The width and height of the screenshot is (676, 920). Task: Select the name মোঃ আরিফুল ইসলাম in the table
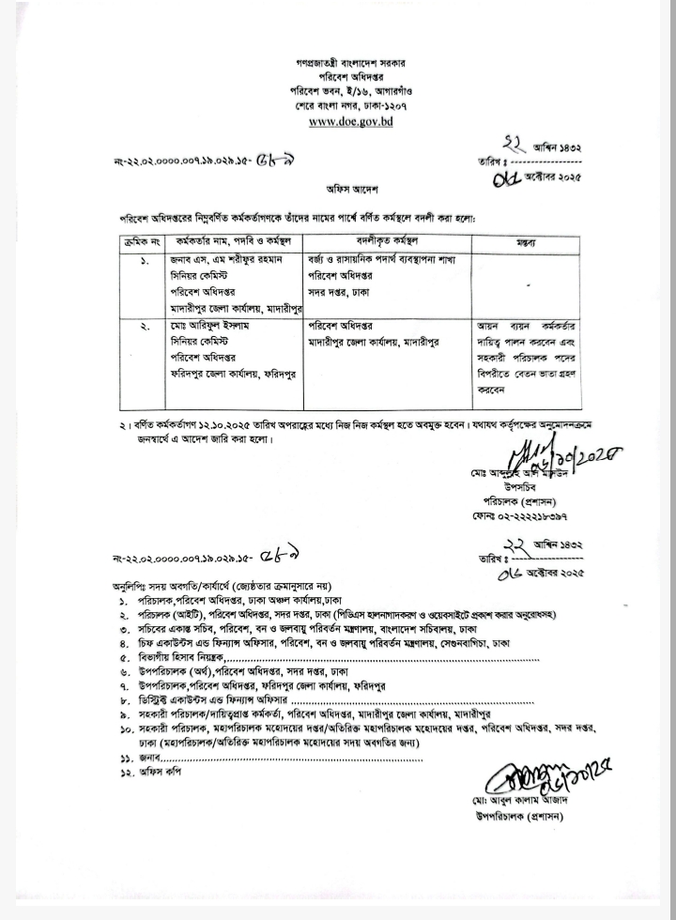tap(215, 326)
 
